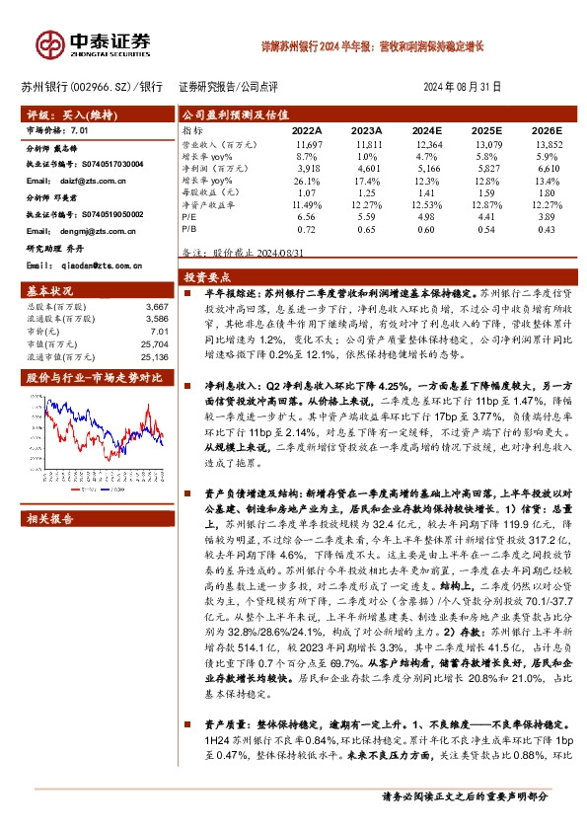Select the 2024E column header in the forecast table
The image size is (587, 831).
(x=426, y=130)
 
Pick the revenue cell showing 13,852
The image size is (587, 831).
(x=546, y=144)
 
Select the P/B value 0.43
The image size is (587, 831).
(x=546, y=229)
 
